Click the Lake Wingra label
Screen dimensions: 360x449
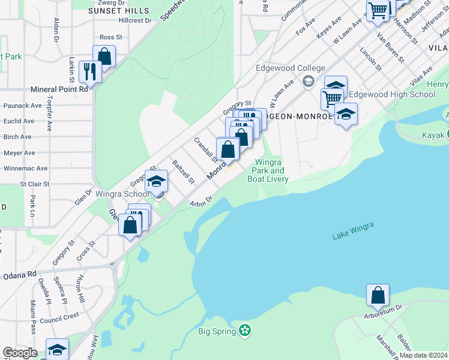pyautogui.click(x=353, y=232)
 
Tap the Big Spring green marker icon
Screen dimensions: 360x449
pyautogui.click(x=244, y=330)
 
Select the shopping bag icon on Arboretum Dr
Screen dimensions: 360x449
pyautogui.click(x=378, y=295)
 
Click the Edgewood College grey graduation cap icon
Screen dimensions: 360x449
pyautogui.click(x=309, y=81)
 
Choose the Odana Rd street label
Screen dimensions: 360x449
pyautogui.click(x=23, y=274)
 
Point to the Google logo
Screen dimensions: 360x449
pyautogui.click(x=20, y=353)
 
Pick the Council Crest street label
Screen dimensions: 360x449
pyautogui.click(x=64, y=316)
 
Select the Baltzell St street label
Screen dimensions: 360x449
pyautogui.click(x=183, y=172)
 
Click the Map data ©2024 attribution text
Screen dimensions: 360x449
pyautogui.click(x=423, y=355)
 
